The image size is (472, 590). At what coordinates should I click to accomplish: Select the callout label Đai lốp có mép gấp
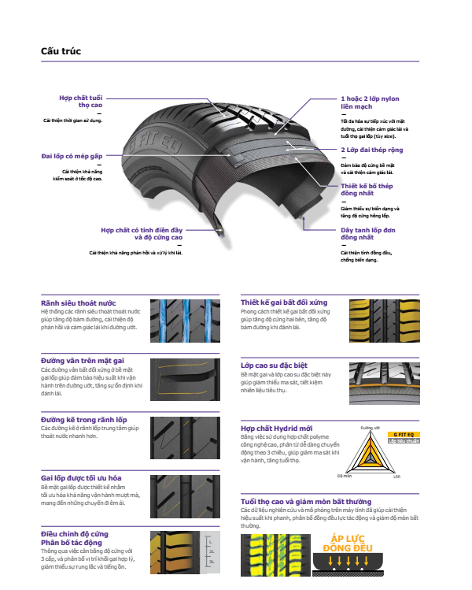coord(72,156)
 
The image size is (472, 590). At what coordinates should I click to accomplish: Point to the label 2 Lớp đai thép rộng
coord(371,150)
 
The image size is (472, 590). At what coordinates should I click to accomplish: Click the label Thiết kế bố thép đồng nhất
coord(366,189)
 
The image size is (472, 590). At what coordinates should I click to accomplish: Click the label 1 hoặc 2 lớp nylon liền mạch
coord(370,102)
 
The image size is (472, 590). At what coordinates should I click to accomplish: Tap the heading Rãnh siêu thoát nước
coord(78,302)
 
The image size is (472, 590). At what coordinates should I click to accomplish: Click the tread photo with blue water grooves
coord(182,318)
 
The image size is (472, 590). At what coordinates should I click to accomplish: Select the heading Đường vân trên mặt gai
coord(82,359)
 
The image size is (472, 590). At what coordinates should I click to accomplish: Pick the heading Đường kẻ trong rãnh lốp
coord(83,419)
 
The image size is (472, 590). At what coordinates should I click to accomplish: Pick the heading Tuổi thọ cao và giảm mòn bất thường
coord(317,502)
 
